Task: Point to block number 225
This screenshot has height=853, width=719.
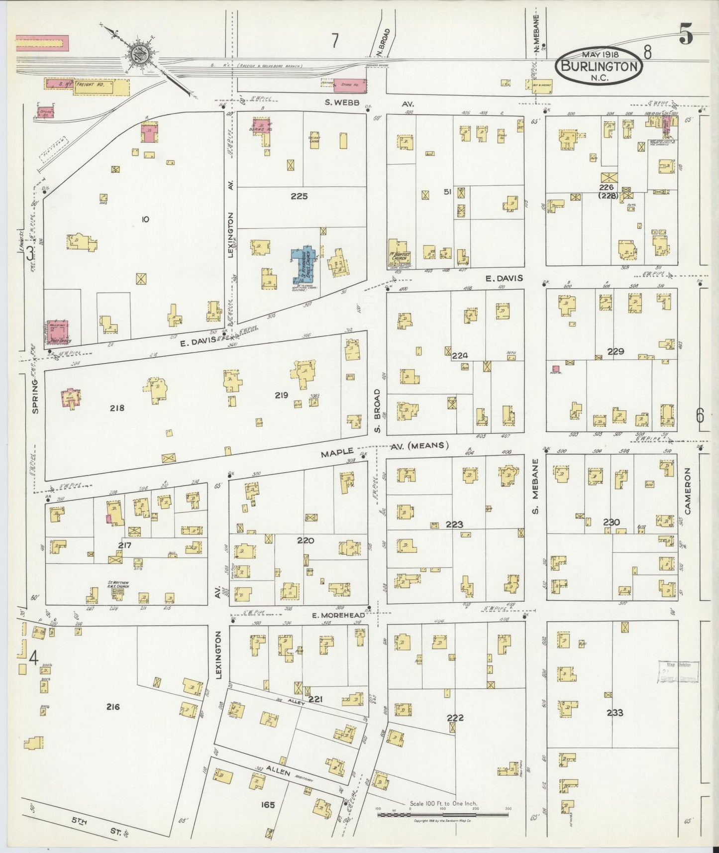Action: [299, 196]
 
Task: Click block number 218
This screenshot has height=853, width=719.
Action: [117, 408]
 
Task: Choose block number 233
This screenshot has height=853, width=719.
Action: [615, 713]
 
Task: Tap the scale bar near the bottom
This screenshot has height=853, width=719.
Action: [443, 814]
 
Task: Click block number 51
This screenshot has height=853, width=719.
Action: [447, 192]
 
